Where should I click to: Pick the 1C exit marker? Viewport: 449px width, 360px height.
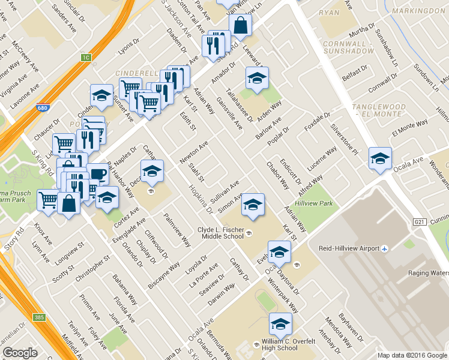click(x=86, y=58)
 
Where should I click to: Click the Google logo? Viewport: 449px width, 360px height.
click(x=20, y=352)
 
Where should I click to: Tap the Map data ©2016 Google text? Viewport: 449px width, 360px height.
click(x=412, y=355)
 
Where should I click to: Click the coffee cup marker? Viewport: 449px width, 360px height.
click(x=98, y=175)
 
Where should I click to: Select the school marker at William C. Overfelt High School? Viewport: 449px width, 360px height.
click(x=280, y=325)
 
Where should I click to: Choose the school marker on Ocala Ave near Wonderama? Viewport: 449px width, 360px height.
click(x=380, y=159)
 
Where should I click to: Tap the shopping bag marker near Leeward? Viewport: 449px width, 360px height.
click(x=240, y=26)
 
